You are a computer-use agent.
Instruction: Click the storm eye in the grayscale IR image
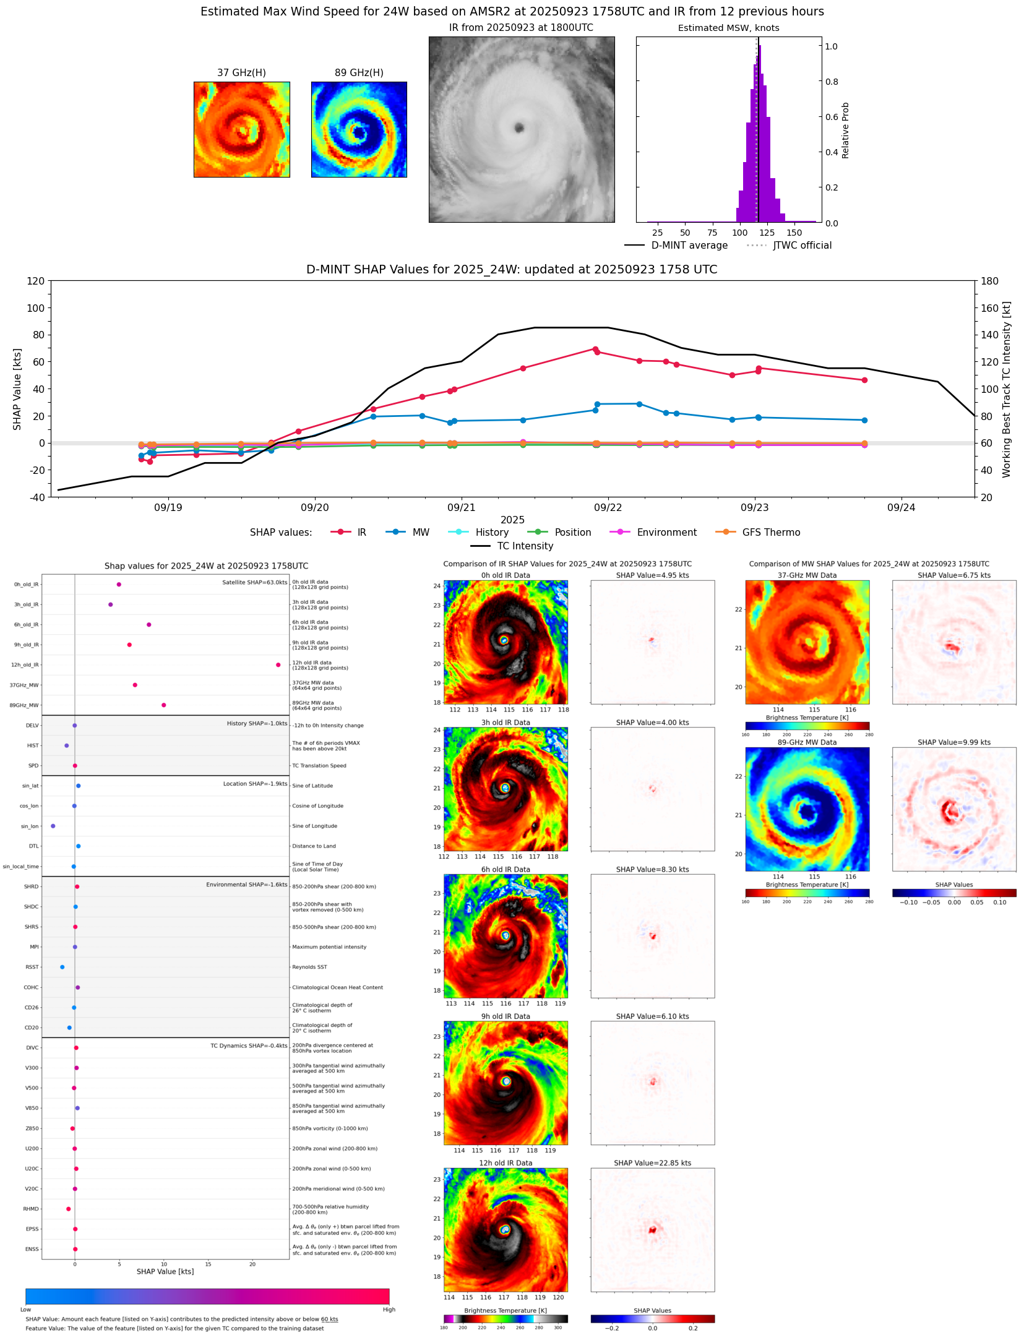tap(518, 128)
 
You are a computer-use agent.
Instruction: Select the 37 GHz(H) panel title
tap(241, 73)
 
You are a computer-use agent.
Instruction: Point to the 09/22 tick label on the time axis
tap(608, 508)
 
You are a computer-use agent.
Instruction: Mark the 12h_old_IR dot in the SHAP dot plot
tap(278, 665)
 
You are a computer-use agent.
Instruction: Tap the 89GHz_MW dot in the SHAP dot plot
tap(163, 705)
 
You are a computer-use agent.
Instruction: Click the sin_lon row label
tap(30, 826)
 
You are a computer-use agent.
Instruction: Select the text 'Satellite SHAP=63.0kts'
tap(254, 583)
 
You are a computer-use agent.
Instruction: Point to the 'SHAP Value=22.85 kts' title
tap(652, 1163)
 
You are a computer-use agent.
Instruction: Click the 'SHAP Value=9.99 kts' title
tap(953, 742)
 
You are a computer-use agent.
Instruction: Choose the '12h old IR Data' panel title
tap(506, 1163)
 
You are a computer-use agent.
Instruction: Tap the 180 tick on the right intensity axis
tap(989, 281)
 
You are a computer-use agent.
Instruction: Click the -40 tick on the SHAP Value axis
tap(36, 497)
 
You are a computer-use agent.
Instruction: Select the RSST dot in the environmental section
tap(62, 967)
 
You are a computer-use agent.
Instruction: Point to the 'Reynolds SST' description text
tap(309, 967)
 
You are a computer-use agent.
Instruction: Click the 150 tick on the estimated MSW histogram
tap(794, 233)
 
